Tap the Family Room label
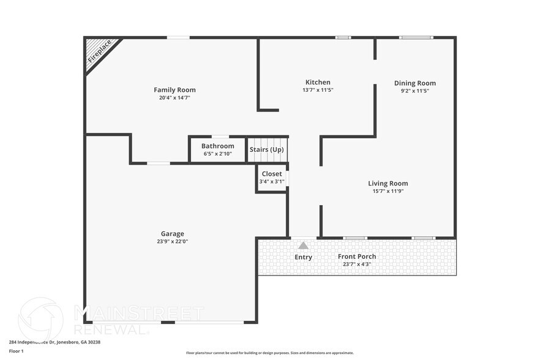pos(174,90)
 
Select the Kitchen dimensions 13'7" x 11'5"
pos(318,90)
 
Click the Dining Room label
pos(414,83)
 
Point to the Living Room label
pos(388,183)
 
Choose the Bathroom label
pos(217,146)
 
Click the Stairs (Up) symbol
pos(267,149)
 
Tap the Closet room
pos(271,178)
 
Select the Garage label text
pos(172,233)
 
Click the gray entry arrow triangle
pos(303,246)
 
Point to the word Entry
pos(303,257)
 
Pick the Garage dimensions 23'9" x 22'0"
pos(172,241)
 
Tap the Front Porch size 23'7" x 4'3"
pos(357,264)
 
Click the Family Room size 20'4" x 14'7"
pos(174,97)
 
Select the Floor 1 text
pos(16,351)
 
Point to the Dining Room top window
pos(416,38)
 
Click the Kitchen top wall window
pos(343,38)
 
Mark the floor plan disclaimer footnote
pos(269,353)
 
